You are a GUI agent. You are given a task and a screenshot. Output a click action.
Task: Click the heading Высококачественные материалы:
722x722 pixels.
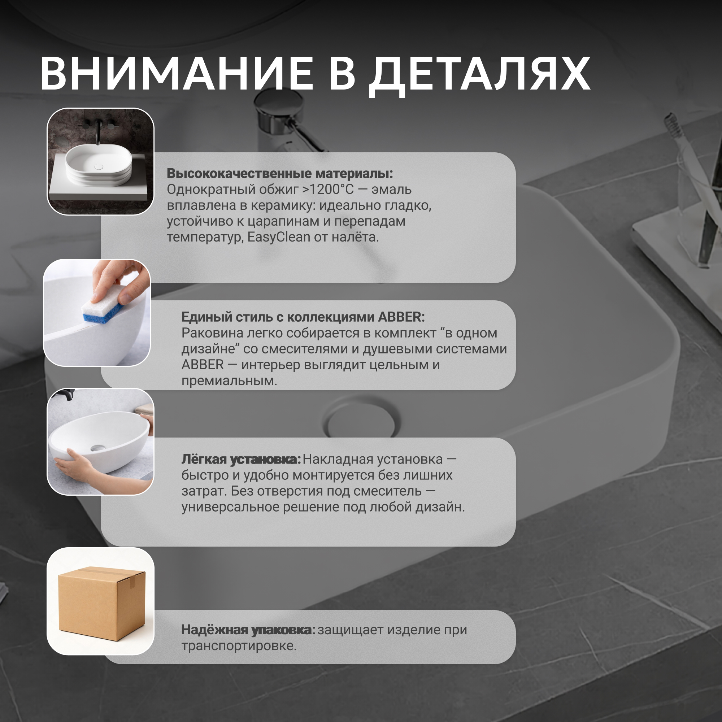279,173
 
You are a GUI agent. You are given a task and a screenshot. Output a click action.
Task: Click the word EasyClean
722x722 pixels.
279,237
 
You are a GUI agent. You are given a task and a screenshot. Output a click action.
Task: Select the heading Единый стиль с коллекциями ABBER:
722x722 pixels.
303,317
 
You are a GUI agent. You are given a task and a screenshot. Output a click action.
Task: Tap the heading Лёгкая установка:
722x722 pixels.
241,460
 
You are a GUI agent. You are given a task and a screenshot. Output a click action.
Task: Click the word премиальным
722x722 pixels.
229,381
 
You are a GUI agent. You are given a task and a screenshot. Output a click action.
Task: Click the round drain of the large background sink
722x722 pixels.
361,421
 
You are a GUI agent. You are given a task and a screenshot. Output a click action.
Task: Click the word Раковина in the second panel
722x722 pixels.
212,333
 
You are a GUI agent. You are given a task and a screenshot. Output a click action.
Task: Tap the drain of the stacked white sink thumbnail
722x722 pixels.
99,167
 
